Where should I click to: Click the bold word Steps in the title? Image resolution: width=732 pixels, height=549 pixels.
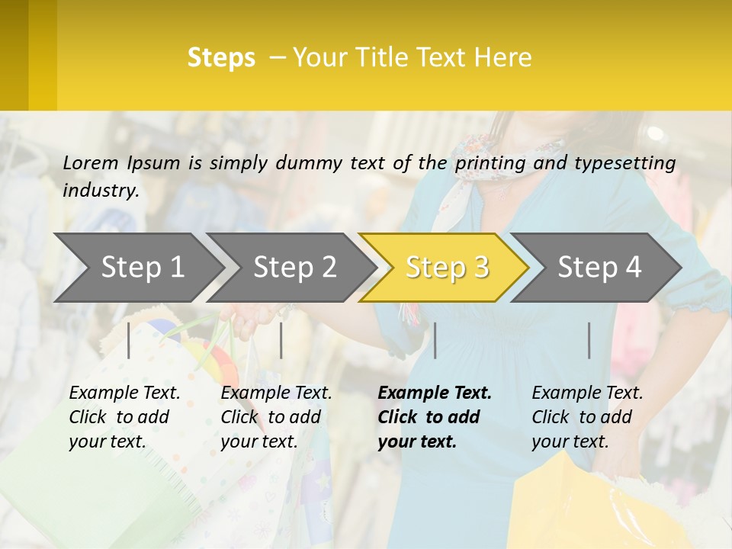221,58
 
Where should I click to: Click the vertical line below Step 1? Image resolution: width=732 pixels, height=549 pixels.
129,340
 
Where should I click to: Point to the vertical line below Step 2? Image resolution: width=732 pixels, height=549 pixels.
281,340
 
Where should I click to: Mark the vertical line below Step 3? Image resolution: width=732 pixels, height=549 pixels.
435,340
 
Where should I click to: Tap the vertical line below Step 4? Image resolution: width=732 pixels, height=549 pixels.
589,340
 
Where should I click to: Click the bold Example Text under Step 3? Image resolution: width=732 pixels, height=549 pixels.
435,393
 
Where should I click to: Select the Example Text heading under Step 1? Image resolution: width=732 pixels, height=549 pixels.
124,393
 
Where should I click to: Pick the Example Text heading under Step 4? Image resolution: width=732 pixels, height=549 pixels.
587,393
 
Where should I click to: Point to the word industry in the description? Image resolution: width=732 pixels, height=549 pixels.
101,191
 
